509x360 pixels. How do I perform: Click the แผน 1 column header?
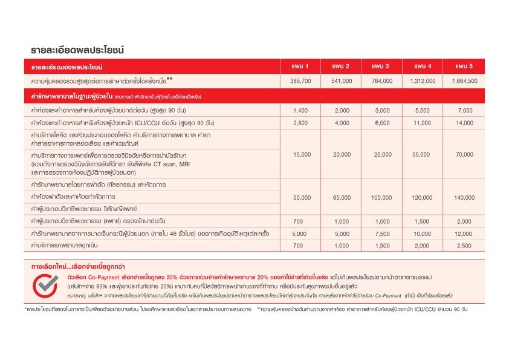point(300,65)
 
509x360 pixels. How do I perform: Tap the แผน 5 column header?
point(464,65)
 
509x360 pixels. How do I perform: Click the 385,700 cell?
point(300,80)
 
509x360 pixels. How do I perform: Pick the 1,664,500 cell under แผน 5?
point(464,80)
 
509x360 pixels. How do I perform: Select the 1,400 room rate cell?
point(300,111)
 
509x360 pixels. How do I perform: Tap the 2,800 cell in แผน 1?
point(300,122)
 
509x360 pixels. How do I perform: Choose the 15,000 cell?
point(300,154)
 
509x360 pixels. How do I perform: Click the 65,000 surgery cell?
point(342,198)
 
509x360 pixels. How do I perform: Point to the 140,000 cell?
point(464,198)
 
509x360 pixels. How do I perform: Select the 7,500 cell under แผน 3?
point(382,234)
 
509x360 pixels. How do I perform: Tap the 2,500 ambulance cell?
point(464,245)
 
